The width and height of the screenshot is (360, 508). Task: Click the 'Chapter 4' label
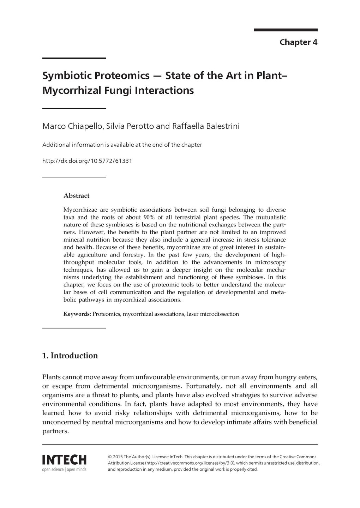(x=298, y=42)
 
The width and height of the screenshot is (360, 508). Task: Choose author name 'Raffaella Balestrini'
(x=205, y=126)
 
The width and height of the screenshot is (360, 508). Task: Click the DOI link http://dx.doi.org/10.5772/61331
(x=87, y=161)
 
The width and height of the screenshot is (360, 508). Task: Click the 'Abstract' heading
(x=76, y=196)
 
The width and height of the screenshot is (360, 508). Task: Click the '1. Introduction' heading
(x=70, y=355)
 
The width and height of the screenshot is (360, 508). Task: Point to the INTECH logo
(x=64, y=460)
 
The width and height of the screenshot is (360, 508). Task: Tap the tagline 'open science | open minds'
(x=64, y=470)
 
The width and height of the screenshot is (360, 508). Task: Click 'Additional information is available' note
(x=122, y=145)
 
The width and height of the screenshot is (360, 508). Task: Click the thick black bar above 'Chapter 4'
(x=286, y=30)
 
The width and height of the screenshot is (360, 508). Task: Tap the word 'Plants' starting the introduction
(x=52, y=377)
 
